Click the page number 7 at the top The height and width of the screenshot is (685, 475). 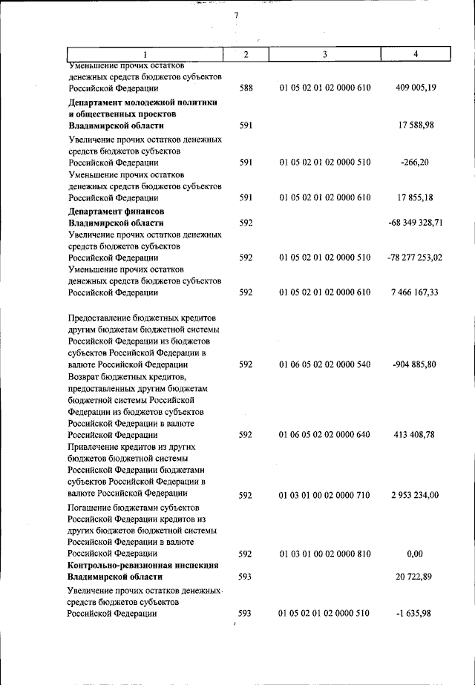pyautogui.click(x=237, y=16)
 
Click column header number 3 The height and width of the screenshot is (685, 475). pyautogui.click(x=325, y=54)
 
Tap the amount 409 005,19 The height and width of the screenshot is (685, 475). pyautogui.click(x=416, y=88)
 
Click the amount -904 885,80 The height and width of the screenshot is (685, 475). pyautogui.click(x=416, y=365)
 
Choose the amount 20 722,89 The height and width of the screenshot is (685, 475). pyautogui.click(x=419, y=577)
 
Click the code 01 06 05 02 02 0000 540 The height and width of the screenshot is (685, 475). pyautogui.click(x=325, y=365)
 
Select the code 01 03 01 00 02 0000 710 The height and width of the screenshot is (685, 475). pyautogui.click(x=325, y=494)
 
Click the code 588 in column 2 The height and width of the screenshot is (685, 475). pyautogui.click(x=246, y=88)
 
